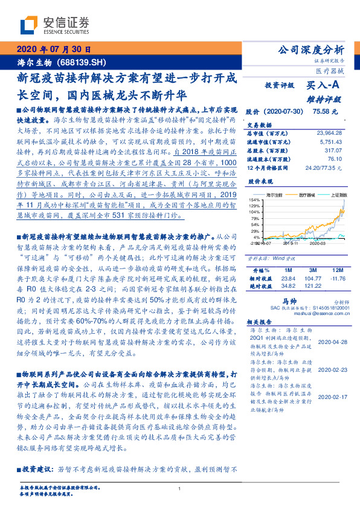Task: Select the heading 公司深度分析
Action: point(310,50)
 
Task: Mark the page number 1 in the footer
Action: point(180,488)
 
